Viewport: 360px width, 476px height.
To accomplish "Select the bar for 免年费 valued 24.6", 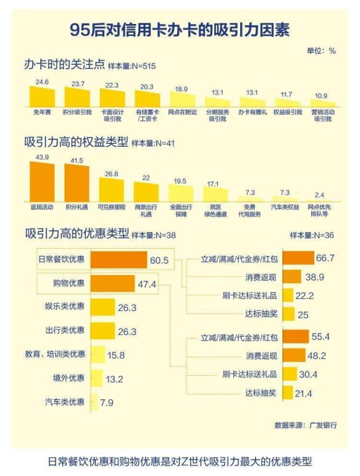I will (x=42, y=96).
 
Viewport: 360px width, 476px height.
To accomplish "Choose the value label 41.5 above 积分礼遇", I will (x=76, y=161).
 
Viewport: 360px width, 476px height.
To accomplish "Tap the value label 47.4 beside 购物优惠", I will (x=147, y=284).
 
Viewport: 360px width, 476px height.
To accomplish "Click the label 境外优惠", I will (x=68, y=378).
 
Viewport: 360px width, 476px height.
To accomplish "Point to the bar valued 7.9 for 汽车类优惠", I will (x=94, y=402).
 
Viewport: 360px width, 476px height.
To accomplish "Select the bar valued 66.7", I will (x=298, y=258).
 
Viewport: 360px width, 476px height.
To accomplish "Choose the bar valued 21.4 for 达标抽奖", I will (x=287, y=393).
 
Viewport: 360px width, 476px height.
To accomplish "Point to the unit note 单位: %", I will (x=322, y=50).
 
